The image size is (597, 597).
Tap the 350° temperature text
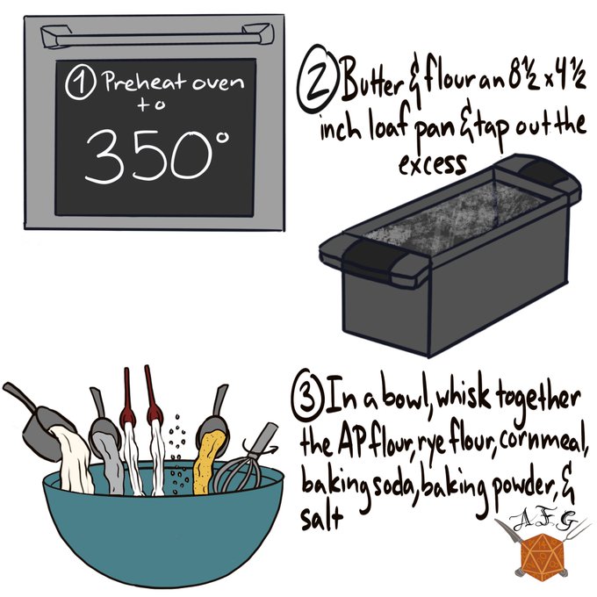click(157, 155)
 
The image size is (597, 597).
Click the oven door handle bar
click(157, 37)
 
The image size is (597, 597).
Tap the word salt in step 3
click(321, 518)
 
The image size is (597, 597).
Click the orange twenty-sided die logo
click(542, 555)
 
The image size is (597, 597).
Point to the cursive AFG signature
click(543, 523)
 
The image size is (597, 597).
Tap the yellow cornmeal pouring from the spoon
click(208, 462)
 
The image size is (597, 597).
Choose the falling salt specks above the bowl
click(178, 453)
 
